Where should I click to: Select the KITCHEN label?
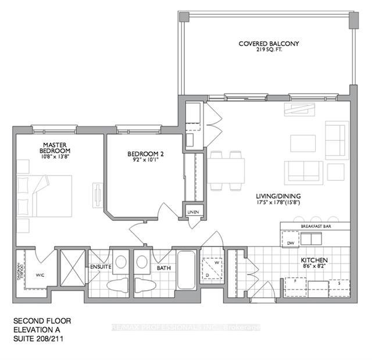(x=314, y=260)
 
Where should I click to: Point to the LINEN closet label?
(x=193, y=212)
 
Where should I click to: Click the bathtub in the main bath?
(x=187, y=270)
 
